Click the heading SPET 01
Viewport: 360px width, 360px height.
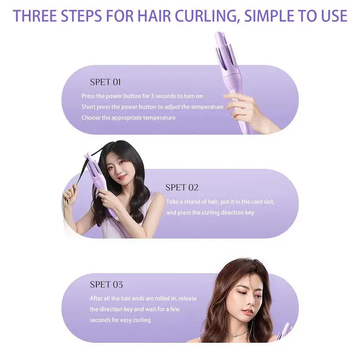(105, 82)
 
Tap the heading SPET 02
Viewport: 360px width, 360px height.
(182, 188)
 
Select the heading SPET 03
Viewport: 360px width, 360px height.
(106, 284)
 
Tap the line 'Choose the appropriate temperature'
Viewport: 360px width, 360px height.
(128, 117)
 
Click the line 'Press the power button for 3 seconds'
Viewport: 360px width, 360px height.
(142, 96)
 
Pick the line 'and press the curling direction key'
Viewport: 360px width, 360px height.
(210, 212)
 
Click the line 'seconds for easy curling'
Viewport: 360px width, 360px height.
(120, 320)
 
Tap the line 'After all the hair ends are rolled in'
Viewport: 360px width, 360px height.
(143, 298)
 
